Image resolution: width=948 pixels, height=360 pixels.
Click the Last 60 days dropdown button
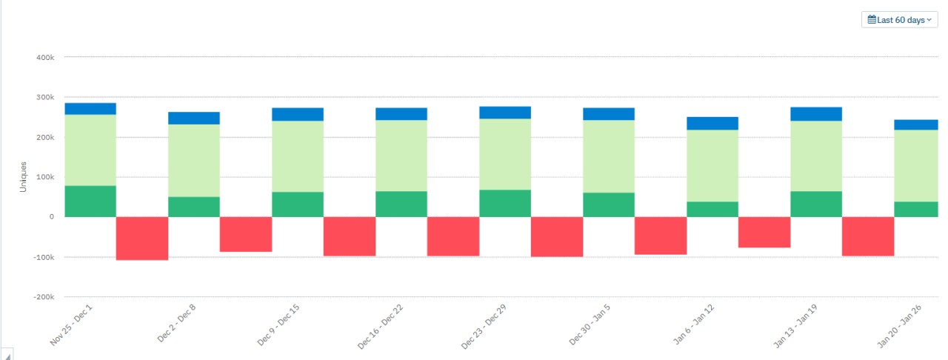point(899,20)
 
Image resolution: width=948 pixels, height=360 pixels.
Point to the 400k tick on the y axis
point(45,57)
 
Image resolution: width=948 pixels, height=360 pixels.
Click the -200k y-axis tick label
point(44,297)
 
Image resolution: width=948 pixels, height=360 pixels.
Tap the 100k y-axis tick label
point(45,177)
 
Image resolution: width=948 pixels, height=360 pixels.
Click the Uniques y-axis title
point(23,177)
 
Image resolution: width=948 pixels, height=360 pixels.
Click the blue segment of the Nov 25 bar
point(90,109)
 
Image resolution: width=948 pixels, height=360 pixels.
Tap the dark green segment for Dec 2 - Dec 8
point(194,207)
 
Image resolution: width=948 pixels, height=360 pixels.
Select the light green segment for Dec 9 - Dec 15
point(298,156)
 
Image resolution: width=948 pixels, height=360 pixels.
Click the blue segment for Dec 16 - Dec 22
point(401,113)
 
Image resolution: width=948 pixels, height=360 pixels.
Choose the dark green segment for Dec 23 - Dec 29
point(505,203)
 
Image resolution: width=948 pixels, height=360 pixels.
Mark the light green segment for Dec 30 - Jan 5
point(609,156)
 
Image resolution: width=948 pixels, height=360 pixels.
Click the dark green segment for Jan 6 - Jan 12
point(712,209)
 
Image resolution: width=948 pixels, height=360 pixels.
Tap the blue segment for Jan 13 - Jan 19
point(816,114)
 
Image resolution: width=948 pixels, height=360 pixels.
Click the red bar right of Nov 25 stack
point(142,239)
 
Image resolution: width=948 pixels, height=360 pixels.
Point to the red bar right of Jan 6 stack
point(764,232)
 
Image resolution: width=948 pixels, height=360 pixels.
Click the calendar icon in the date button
point(872,20)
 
